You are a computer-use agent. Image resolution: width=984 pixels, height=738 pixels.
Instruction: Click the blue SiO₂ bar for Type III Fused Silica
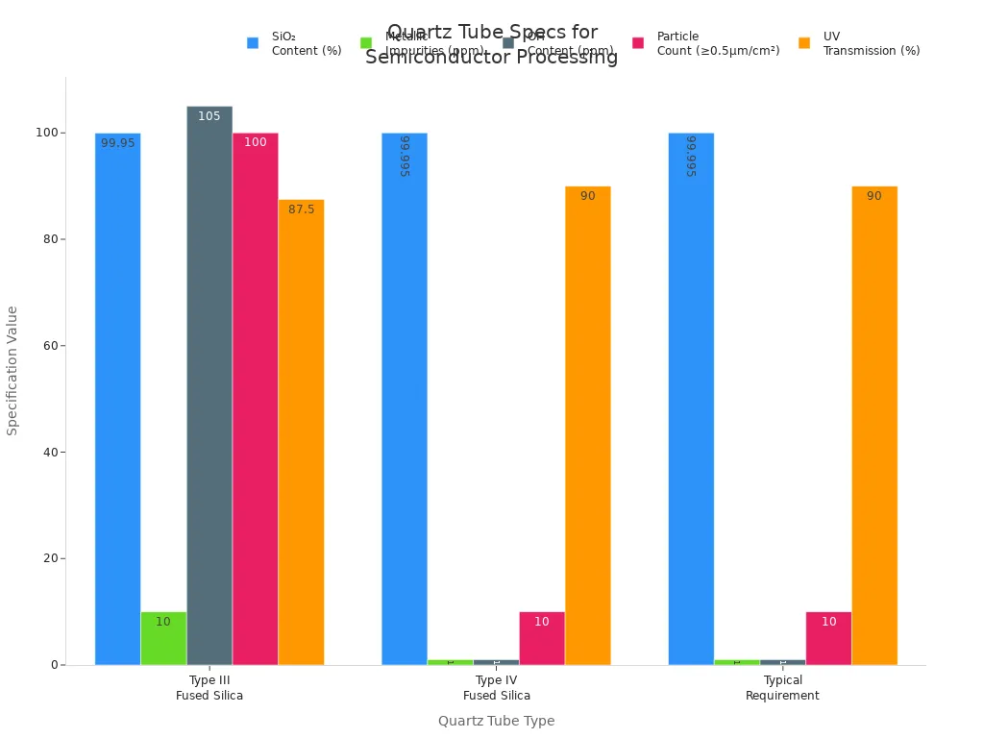pos(117,399)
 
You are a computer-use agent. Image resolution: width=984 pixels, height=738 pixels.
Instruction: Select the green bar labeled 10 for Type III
pos(163,638)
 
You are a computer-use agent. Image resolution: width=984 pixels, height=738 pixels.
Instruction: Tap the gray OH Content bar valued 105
pos(209,384)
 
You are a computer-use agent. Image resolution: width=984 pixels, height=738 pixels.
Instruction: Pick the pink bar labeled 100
pos(255,399)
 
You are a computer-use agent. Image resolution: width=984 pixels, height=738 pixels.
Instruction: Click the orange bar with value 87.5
pos(301,432)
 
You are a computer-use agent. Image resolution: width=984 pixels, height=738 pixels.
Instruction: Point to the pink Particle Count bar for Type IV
pos(542,638)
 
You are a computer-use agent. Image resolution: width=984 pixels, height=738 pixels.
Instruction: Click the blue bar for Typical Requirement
pos(691,399)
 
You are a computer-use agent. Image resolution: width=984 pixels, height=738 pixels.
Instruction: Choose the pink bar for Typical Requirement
pos(828,638)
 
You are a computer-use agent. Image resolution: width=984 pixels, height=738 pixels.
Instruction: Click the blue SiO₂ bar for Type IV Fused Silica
pos(405,399)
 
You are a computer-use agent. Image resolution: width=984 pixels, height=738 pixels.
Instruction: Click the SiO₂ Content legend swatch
pos(253,43)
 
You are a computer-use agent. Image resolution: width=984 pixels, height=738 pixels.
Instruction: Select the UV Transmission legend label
pos(871,43)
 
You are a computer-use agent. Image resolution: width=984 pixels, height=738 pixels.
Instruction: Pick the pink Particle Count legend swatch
pos(638,43)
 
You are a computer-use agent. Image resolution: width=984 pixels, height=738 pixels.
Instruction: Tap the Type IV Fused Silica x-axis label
pos(496,688)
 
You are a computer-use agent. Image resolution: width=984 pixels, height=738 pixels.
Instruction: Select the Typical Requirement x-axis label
pos(782,688)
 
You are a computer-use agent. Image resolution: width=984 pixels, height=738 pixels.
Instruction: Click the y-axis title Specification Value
pos(12,370)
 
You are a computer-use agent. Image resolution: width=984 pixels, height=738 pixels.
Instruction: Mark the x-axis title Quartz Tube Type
pos(496,721)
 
